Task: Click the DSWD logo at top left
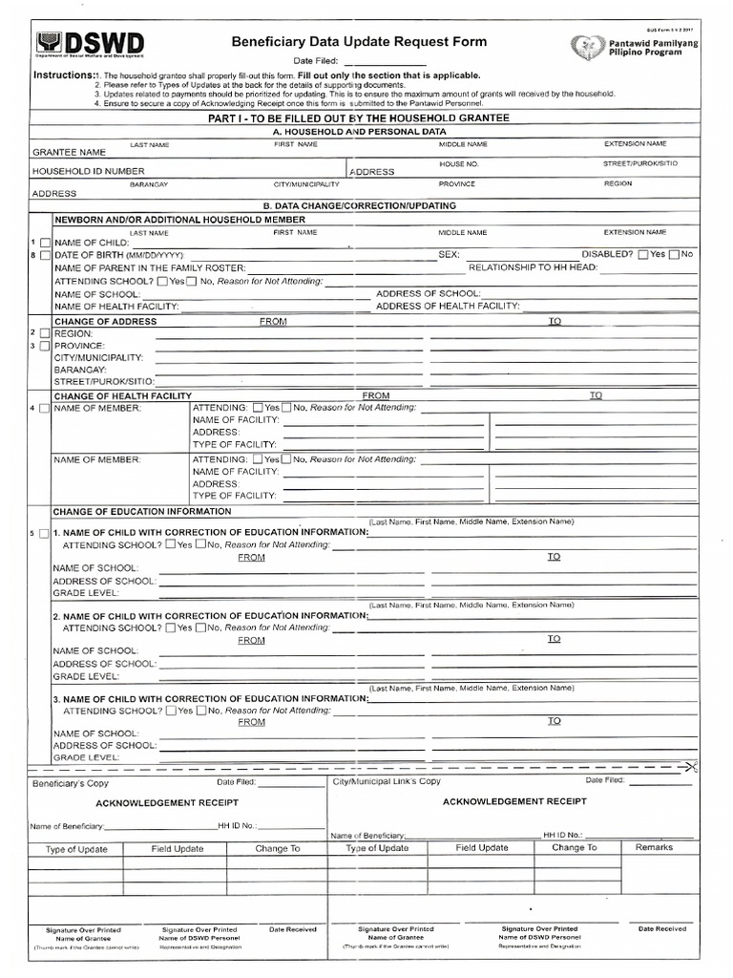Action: click(x=91, y=45)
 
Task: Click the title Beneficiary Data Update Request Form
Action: click(x=359, y=42)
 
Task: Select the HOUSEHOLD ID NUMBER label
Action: click(x=89, y=171)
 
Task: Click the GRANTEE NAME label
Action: click(x=69, y=152)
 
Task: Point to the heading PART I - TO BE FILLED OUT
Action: click(x=359, y=117)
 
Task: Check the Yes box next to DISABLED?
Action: click(x=643, y=254)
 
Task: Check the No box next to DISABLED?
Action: click(x=675, y=254)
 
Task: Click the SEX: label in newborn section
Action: click(x=449, y=255)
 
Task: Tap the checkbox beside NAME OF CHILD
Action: click(x=45, y=244)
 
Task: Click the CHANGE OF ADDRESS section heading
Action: click(x=105, y=322)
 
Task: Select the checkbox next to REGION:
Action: click(x=45, y=333)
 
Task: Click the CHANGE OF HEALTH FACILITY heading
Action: click(x=122, y=395)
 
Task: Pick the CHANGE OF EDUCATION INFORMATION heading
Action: click(x=142, y=511)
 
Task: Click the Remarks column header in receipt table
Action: click(x=654, y=847)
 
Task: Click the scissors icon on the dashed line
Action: click(x=692, y=766)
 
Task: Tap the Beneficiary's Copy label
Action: click(x=71, y=782)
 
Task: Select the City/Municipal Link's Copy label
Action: click(x=387, y=781)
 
